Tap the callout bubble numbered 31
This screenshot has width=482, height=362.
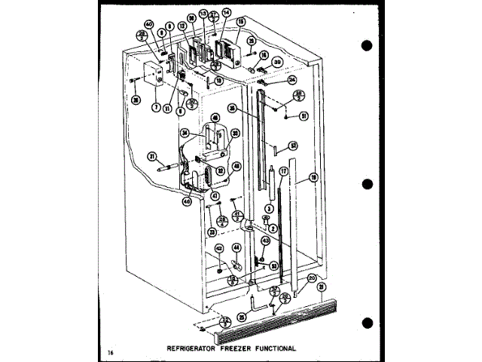(151, 157)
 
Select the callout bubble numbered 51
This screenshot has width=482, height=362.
(304, 116)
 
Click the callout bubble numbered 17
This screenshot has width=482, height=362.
(284, 172)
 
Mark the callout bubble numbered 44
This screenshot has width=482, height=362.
(236, 247)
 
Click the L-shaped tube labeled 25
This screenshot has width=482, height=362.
(260, 307)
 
